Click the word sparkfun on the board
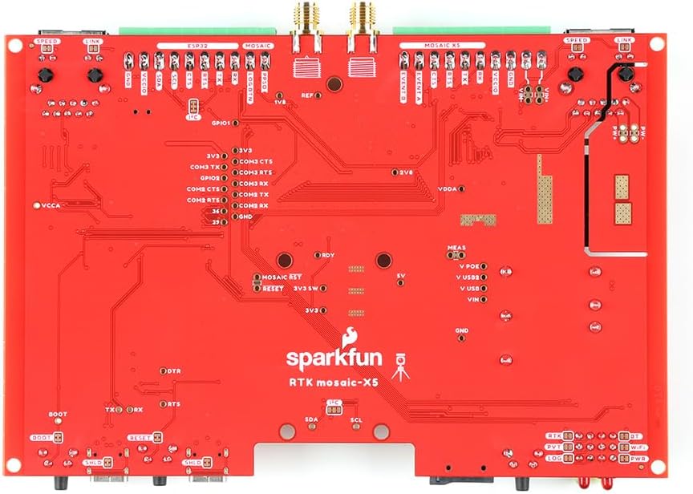coord(334,357)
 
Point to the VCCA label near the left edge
coord(50,205)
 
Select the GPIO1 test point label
coord(220,123)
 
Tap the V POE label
coord(470,265)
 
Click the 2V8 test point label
coord(407,172)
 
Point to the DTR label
coord(174,372)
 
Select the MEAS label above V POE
coord(457,248)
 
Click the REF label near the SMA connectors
coord(306,95)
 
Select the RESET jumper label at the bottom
coord(140,437)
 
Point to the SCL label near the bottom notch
coord(356,419)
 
